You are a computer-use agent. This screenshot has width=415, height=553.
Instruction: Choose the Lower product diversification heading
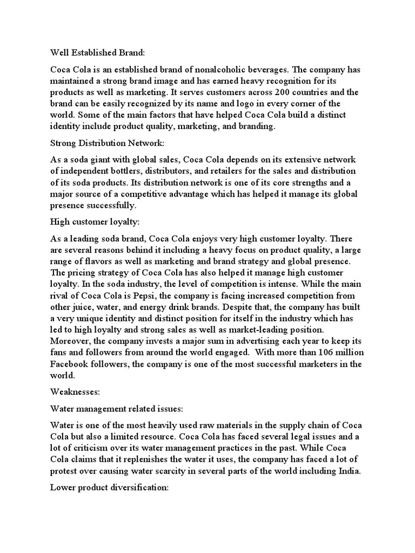pos(110,487)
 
